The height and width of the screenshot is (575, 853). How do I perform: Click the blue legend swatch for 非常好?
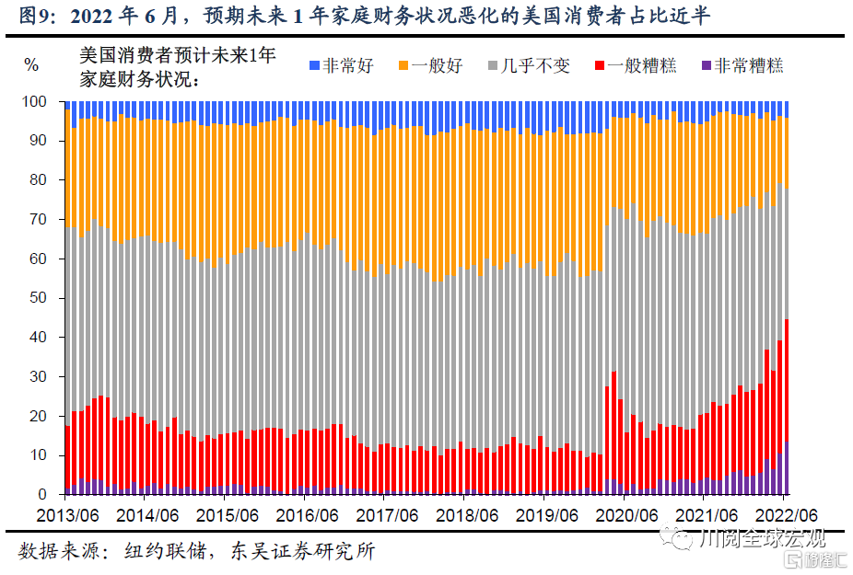click(x=314, y=65)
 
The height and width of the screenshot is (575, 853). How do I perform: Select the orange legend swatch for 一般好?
click(x=403, y=65)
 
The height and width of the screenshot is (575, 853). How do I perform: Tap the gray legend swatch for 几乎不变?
click(x=494, y=65)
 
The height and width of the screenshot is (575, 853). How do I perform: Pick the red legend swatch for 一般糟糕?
click(x=599, y=65)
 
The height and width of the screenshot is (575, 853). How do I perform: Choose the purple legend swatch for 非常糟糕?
click(x=707, y=65)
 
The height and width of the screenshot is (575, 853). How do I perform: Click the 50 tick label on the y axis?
click(x=38, y=298)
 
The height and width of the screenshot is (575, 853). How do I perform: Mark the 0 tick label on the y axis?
click(x=42, y=495)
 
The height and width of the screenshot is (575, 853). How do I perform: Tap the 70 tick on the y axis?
click(x=38, y=220)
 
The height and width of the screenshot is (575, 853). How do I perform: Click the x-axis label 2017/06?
click(x=387, y=513)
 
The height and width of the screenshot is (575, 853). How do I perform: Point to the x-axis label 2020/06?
click(x=629, y=513)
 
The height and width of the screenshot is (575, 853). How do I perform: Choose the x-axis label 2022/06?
click(x=785, y=513)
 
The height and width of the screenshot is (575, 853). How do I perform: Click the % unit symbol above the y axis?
click(x=31, y=65)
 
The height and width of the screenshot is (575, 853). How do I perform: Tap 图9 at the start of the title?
click(x=35, y=16)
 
